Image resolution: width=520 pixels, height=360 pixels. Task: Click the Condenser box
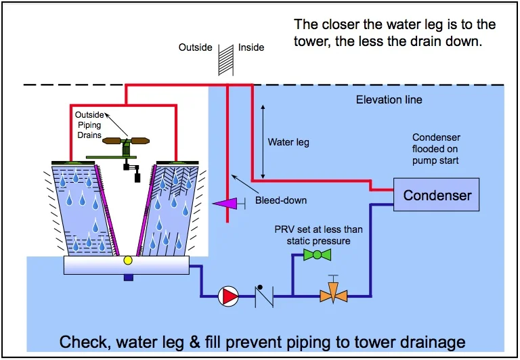437,195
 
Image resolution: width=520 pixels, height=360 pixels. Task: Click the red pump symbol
229,295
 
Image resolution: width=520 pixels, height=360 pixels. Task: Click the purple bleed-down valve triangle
218,203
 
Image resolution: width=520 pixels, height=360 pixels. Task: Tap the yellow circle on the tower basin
127,260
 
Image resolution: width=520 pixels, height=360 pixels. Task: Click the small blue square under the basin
127,276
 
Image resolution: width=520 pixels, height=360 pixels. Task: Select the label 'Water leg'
288,143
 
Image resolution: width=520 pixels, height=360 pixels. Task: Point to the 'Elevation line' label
389,100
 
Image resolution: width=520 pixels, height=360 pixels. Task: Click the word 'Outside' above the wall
196,47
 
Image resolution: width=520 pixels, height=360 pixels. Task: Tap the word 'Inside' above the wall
251,47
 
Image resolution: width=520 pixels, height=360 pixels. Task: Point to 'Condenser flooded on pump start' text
437,150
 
